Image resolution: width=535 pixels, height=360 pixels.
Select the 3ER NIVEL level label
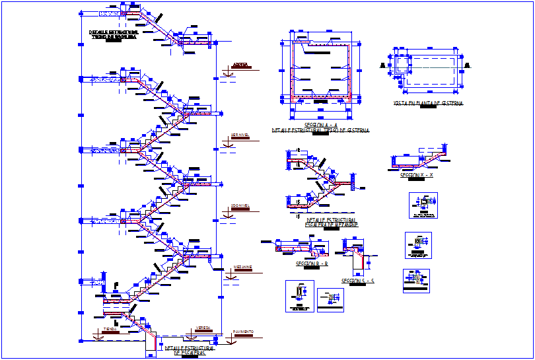[240, 135]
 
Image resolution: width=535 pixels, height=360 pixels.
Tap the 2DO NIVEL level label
[240, 205]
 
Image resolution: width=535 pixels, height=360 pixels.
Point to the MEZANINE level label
[242, 268]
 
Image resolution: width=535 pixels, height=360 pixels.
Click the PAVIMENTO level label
[244, 332]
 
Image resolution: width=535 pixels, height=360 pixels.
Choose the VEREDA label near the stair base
[203, 328]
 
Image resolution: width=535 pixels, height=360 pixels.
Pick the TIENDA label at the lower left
[110, 328]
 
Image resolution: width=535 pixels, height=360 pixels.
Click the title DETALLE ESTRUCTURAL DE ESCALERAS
[190, 350]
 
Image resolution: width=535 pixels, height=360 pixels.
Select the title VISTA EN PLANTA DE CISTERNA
[428, 104]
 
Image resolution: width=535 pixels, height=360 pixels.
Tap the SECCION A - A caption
[321, 125]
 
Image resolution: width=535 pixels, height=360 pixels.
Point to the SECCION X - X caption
[416, 176]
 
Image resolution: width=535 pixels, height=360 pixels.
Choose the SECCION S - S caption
[357, 281]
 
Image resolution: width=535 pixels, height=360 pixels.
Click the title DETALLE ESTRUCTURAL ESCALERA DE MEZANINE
[332, 223]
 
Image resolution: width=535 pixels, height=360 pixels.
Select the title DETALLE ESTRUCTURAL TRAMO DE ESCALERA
[113, 34]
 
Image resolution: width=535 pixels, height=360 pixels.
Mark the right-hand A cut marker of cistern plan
[468, 65]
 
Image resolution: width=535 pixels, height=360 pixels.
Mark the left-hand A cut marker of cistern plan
[382, 65]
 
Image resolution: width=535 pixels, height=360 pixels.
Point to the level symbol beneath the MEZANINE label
[231, 277]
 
